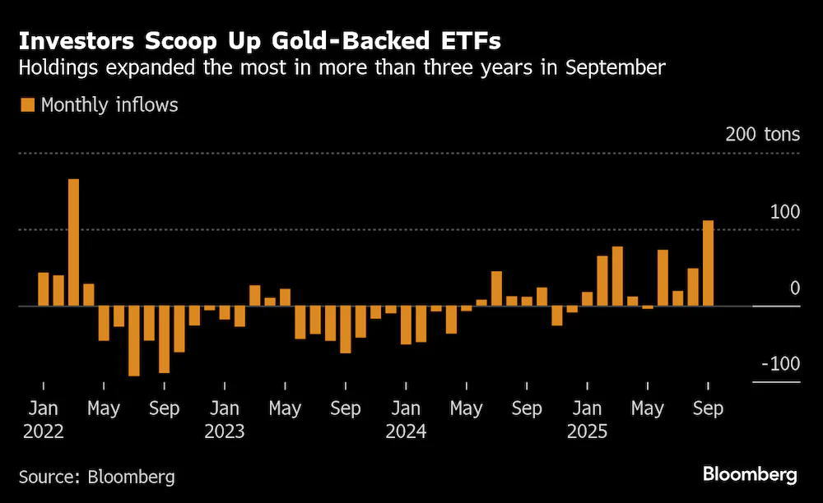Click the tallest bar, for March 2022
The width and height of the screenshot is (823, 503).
[73, 242]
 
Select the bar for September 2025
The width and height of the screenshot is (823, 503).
[708, 263]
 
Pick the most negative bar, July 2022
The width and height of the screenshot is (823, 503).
[134, 340]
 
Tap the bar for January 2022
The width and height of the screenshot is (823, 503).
[43, 289]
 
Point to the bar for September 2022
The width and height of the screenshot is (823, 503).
[165, 339]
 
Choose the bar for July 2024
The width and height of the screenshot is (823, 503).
[496, 288]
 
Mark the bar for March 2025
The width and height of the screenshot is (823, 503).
[617, 276]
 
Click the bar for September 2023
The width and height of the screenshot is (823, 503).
[346, 330]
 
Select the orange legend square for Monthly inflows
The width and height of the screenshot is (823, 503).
[27, 105]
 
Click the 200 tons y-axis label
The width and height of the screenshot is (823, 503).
[763, 135]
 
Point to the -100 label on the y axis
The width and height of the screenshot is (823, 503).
[781, 363]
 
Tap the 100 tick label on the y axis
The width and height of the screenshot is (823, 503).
[785, 212]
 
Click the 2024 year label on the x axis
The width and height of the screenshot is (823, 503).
[406, 431]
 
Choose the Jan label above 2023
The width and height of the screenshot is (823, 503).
[225, 408]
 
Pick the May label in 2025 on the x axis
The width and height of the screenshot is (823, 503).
[648, 408]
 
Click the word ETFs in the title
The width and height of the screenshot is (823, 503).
[472, 41]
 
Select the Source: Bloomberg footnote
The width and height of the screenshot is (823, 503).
[97, 477]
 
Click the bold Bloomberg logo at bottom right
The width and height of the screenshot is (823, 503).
[750, 475]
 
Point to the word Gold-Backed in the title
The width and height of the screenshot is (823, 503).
[351, 41]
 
